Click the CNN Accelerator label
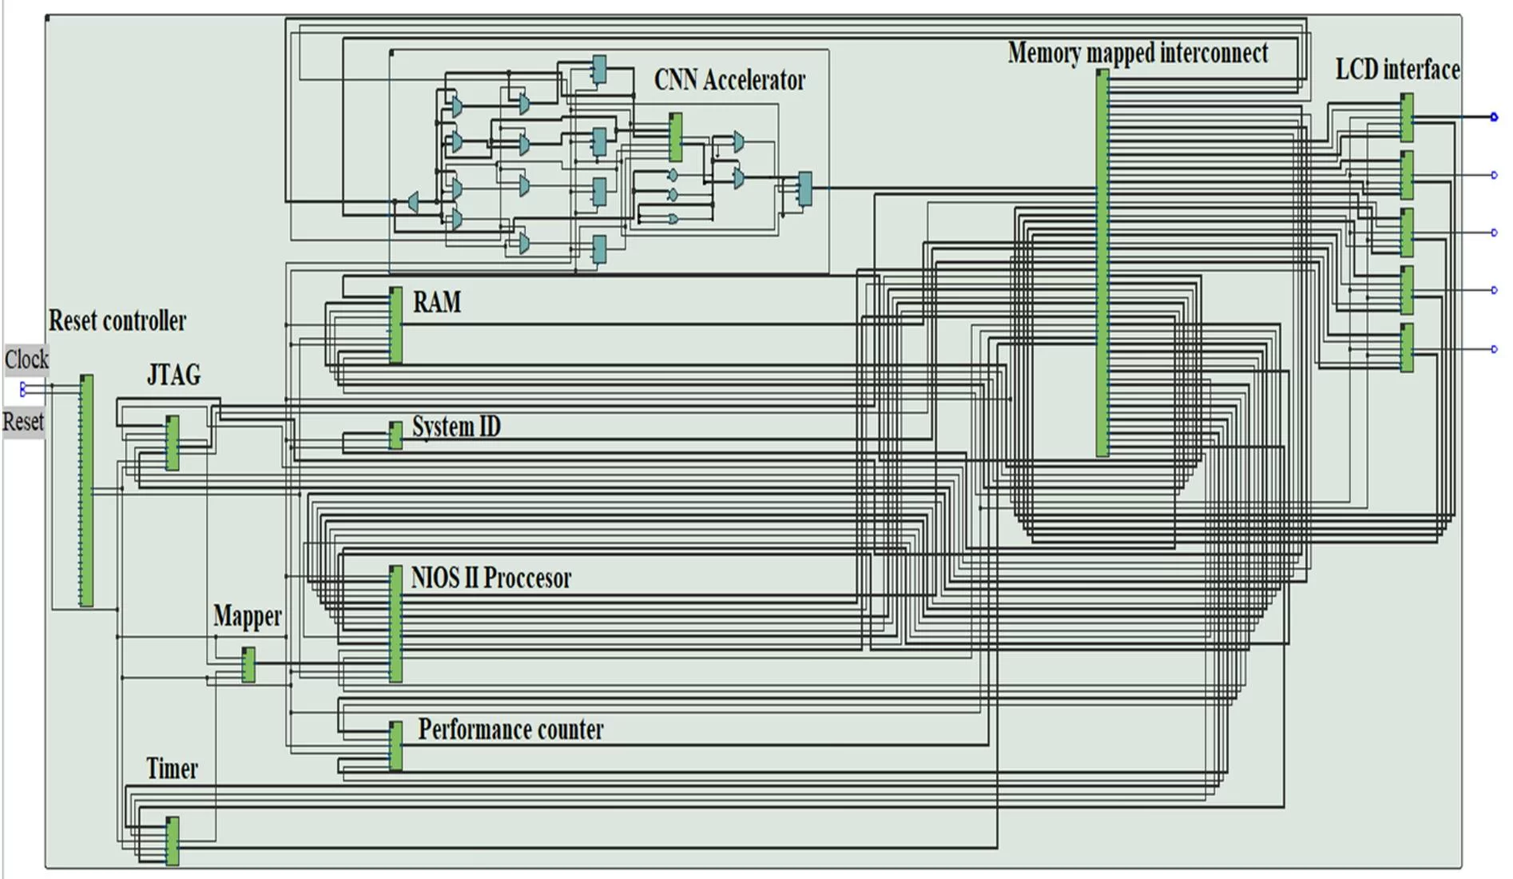729,80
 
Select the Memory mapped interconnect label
1138,53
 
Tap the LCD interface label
1397,70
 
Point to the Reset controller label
117,320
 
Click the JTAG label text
173,374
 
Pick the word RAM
437,302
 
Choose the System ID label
456,427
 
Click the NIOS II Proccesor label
491,578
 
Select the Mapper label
248,616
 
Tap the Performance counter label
510,730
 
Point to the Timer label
172,769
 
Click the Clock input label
26,360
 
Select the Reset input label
23,422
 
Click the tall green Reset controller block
86,490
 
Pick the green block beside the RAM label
395,325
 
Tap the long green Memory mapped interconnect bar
1102,264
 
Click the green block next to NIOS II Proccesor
395,623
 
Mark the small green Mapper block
248,664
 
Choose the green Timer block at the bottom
173,841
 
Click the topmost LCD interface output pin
1494,117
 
